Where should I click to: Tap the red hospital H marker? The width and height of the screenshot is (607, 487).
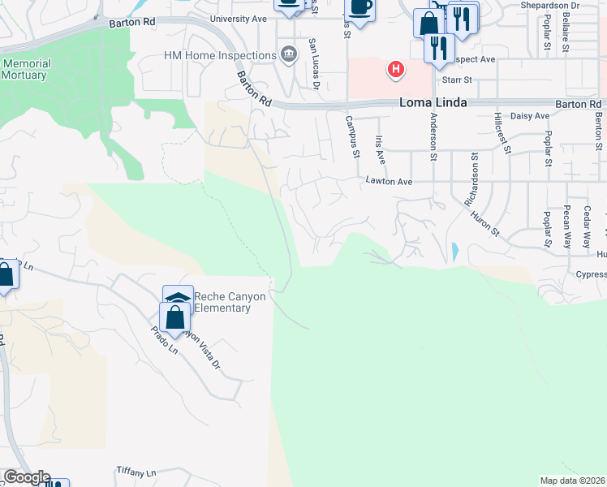[395, 69]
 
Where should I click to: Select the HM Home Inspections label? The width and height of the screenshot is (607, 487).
[220, 55]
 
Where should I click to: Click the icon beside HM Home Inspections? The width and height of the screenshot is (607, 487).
[288, 55]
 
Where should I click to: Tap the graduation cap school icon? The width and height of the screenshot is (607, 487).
[178, 298]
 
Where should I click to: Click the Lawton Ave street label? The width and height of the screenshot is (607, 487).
[389, 182]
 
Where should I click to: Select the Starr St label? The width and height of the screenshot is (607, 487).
[458, 80]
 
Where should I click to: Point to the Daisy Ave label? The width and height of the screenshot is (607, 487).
[532, 116]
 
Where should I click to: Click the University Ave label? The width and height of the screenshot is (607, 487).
[239, 19]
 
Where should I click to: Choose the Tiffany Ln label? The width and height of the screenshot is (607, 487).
[136, 472]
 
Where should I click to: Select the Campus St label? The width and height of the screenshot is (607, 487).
[353, 136]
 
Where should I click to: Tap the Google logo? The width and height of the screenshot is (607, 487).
[26, 477]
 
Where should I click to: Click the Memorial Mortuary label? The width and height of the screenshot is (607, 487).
[26, 69]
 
